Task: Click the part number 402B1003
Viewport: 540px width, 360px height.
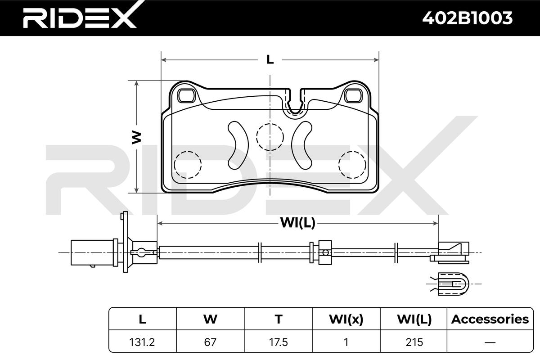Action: (x=468, y=18)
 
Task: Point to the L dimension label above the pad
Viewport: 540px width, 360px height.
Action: (x=270, y=59)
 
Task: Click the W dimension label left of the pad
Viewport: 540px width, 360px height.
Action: (x=136, y=137)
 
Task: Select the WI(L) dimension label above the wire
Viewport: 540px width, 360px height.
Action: (x=298, y=223)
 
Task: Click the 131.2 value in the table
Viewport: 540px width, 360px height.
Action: (x=142, y=342)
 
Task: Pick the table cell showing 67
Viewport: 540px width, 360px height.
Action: (x=210, y=342)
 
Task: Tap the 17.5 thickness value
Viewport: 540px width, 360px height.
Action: (x=279, y=342)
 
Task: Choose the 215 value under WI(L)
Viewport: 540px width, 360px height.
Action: (x=414, y=342)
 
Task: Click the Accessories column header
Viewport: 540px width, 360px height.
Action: (x=490, y=319)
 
